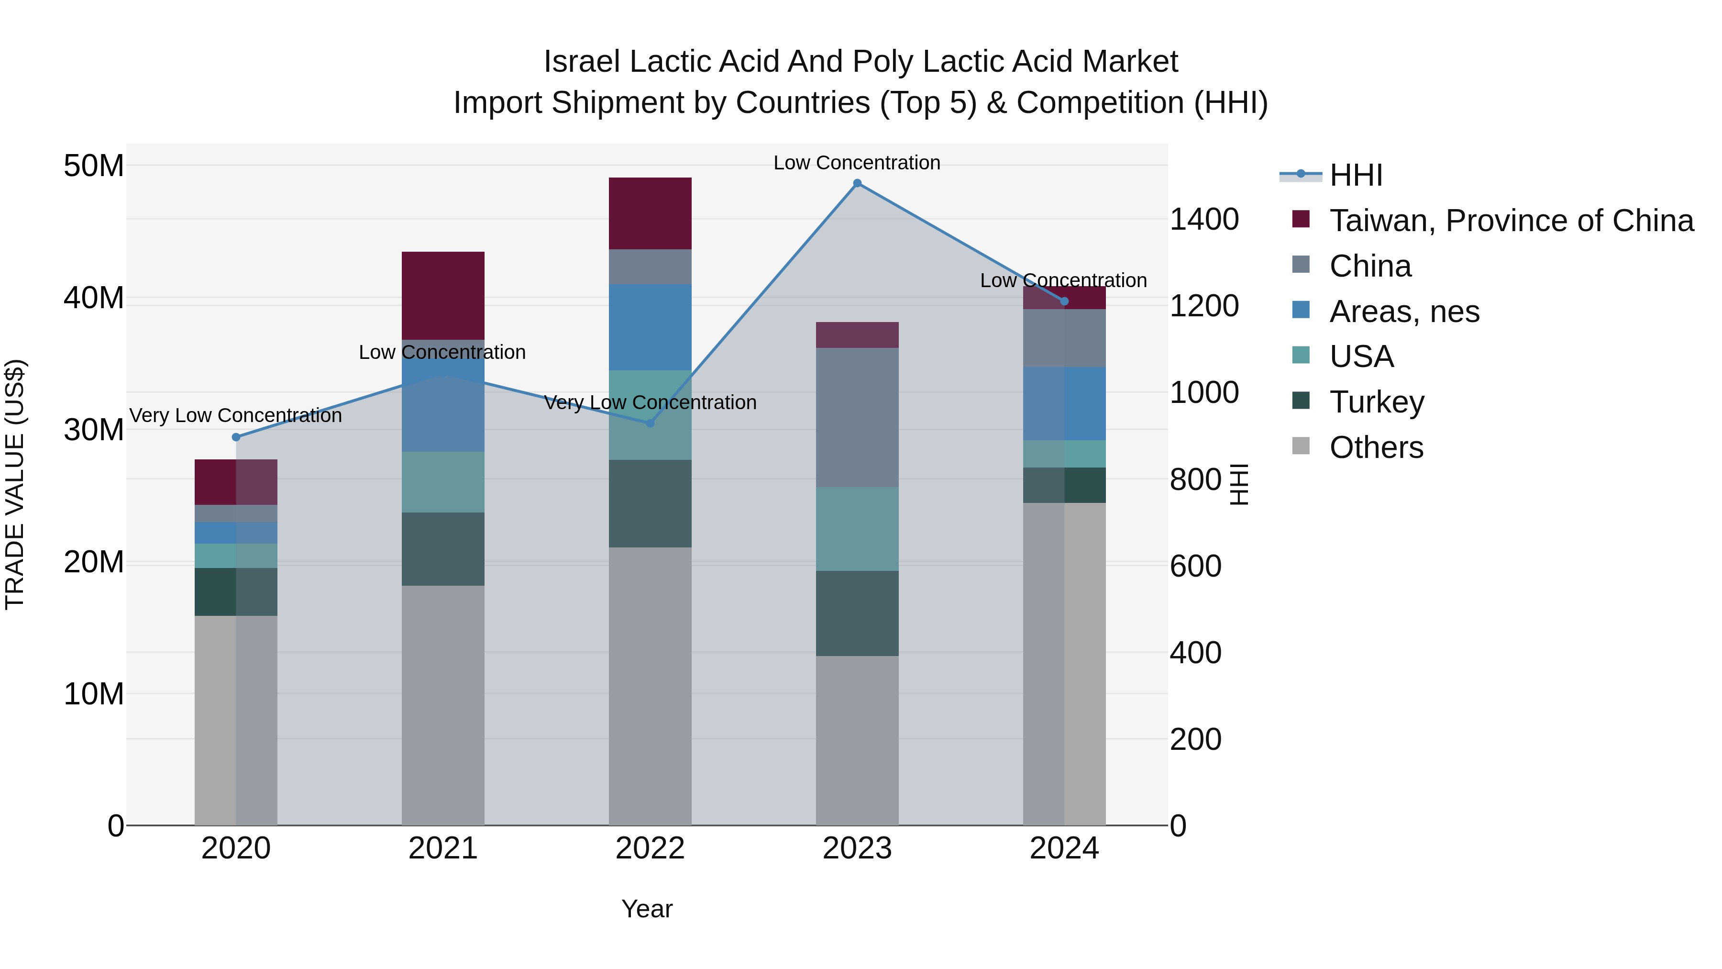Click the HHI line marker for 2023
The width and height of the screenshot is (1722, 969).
coord(857,183)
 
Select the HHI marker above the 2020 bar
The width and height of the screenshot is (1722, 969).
coord(236,437)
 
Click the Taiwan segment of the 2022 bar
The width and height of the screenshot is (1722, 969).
coord(650,213)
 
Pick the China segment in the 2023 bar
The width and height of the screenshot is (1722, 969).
coord(857,417)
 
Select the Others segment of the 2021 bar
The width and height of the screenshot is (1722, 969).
coord(442,705)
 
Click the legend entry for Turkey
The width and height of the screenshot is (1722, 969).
coord(1376,402)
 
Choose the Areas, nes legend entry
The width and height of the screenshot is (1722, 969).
coord(1404,312)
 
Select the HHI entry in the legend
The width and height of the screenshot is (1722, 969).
coord(1356,175)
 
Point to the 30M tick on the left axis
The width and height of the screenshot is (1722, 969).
coord(94,430)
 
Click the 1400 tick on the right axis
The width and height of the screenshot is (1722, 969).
coord(1204,219)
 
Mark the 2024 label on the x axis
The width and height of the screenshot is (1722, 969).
coord(1064,848)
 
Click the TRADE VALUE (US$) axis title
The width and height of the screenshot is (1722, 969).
coord(15,484)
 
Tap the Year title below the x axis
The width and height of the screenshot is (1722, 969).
coord(646,909)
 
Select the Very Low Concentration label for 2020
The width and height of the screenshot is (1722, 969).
coord(235,415)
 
